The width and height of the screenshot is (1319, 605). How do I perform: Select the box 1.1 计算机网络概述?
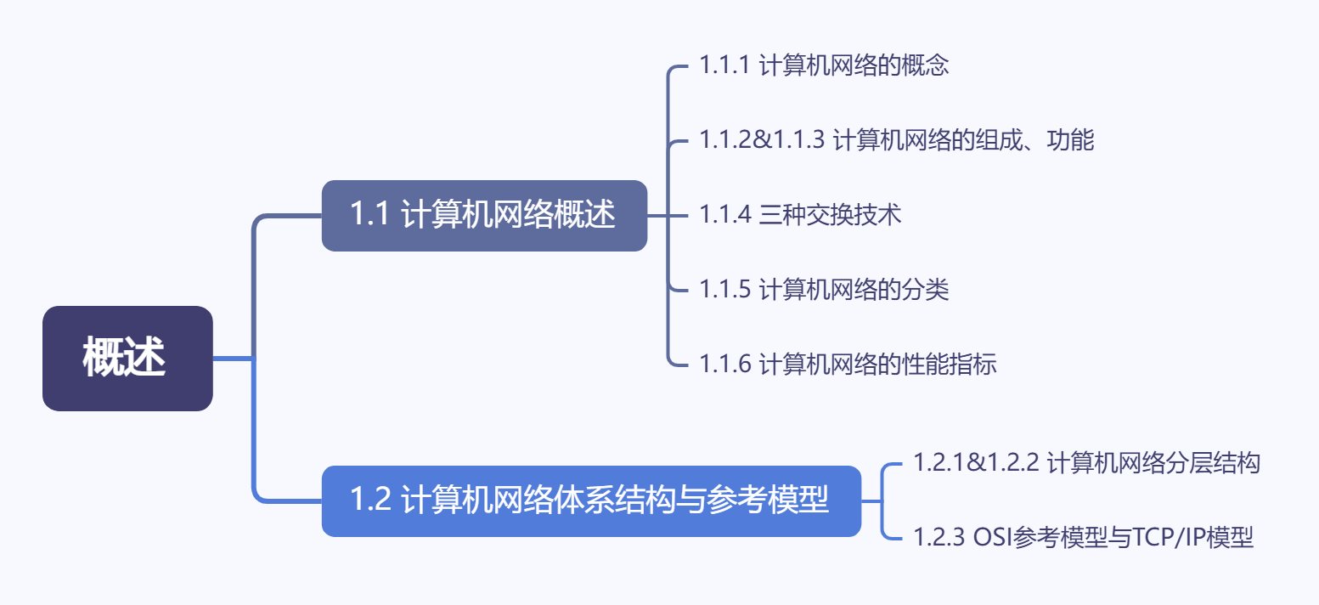484,216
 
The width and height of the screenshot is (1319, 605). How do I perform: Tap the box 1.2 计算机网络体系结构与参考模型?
591,500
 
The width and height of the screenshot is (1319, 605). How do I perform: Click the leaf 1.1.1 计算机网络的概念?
824,66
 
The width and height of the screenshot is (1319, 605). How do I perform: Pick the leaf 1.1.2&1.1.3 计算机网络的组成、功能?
897,140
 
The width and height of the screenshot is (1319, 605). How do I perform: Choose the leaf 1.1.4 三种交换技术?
800,215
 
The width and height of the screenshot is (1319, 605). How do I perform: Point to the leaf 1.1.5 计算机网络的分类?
824,290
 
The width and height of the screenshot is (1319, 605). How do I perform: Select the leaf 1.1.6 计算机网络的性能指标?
848,365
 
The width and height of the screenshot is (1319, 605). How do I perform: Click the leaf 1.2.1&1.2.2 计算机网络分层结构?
1086,463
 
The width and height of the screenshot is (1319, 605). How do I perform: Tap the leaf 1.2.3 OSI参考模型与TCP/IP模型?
1083,538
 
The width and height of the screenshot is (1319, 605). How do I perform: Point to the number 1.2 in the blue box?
370,500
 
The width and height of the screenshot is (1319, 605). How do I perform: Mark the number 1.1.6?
725,365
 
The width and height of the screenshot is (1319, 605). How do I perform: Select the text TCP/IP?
1162,538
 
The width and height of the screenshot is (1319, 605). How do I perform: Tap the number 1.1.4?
725,215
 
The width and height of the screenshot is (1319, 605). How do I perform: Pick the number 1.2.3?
939,538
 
